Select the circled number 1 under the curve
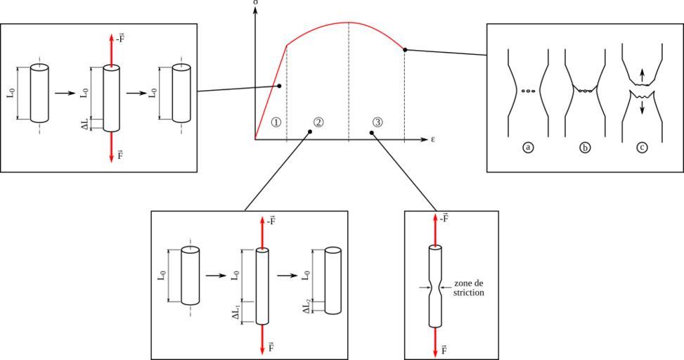[276, 122]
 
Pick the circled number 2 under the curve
[318, 122]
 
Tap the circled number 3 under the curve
[378, 122]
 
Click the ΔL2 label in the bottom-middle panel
[307, 306]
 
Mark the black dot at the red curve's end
[404, 49]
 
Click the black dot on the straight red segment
[279, 86]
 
